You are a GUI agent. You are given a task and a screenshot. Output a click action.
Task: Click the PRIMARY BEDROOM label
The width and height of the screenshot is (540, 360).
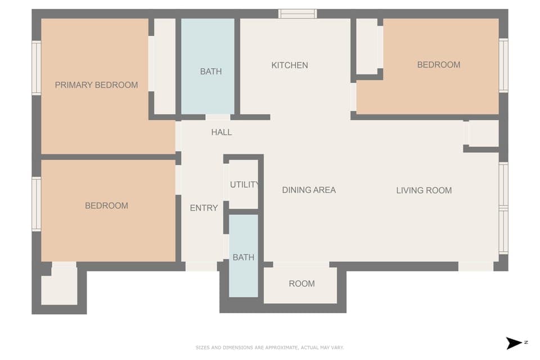[x=96, y=85]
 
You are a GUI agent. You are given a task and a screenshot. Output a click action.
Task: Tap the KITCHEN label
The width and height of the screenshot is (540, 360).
[x=290, y=65]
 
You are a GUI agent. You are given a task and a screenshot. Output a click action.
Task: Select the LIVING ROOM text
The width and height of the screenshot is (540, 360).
[x=424, y=190]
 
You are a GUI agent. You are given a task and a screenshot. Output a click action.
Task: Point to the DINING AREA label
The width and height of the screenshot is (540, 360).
[x=309, y=190]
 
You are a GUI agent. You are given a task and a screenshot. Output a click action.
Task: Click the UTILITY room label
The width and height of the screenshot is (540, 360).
[x=245, y=184]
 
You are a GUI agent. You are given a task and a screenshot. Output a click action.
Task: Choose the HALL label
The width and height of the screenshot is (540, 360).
[x=221, y=132]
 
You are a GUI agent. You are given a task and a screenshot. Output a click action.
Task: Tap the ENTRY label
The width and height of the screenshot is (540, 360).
[x=204, y=208]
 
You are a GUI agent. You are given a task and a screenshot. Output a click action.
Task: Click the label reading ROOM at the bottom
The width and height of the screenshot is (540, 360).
[x=301, y=283]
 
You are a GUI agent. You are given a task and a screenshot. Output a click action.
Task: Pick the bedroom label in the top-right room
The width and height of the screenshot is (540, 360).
[x=438, y=65]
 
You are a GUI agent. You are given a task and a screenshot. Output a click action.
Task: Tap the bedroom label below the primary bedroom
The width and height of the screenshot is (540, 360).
[x=106, y=206]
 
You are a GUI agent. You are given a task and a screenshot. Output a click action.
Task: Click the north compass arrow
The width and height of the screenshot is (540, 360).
[x=514, y=343]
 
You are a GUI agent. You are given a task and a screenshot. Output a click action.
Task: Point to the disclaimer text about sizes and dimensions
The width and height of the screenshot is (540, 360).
[x=269, y=348]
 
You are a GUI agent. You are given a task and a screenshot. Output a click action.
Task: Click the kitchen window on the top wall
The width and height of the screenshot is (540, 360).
[x=298, y=13]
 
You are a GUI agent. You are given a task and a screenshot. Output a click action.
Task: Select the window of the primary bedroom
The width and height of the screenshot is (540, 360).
[x=36, y=67]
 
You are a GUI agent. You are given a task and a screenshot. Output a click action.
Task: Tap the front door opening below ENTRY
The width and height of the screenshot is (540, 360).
[x=201, y=266]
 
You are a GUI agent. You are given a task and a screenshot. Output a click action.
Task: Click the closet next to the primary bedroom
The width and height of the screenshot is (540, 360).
[x=164, y=66]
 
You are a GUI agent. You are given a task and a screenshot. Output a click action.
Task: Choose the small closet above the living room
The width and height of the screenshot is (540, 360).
[x=483, y=134]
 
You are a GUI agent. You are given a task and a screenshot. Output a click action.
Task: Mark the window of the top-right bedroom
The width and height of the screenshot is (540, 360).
[x=503, y=65]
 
